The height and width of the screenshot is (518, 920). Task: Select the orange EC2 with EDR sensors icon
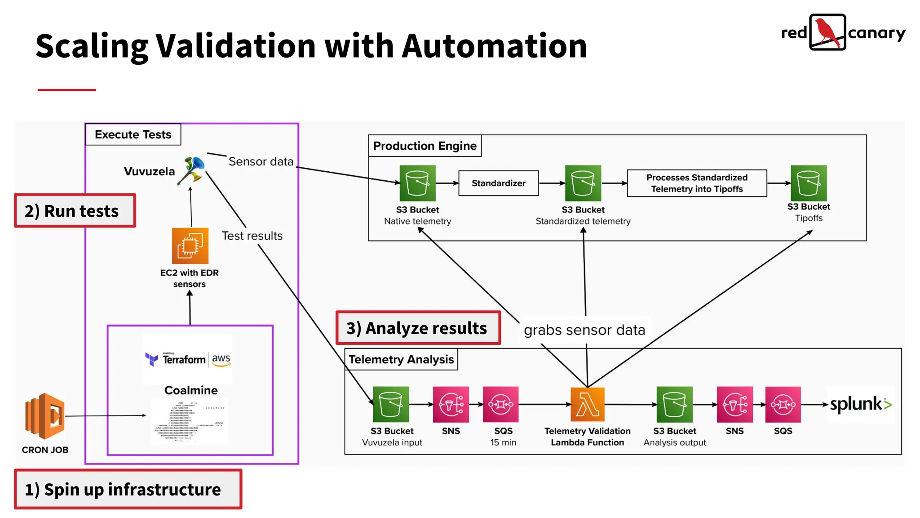tap(190, 246)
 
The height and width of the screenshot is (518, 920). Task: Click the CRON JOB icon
tap(45, 415)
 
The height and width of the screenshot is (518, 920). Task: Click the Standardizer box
tap(498, 183)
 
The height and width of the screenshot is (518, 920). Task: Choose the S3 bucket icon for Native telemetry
tap(417, 183)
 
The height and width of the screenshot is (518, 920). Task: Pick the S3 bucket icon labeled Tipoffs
tap(808, 183)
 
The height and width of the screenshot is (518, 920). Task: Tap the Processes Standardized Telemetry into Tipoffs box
tap(697, 183)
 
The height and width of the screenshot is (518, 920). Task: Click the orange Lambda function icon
tap(587, 404)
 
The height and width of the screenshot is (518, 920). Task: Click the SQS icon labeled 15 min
tap(500, 404)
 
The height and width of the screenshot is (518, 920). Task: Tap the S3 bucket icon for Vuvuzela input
tap(391, 404)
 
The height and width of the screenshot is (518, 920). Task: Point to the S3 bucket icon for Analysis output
tap(674, 404)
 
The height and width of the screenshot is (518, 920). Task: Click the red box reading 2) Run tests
tap(75, 210)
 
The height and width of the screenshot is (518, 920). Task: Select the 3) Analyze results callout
tap(418, 328)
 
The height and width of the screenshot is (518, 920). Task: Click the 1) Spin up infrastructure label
tap(128, 489)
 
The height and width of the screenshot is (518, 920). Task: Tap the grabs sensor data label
tap(584, 330)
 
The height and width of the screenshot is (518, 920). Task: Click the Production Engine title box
tap(425, 146)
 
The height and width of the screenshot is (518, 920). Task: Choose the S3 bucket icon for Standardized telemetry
tap(583, 183)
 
